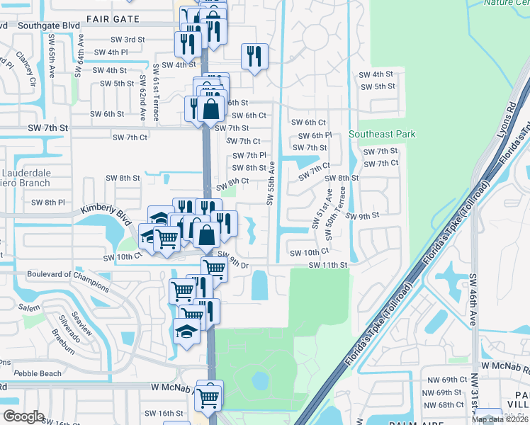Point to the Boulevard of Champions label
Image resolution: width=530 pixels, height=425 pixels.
pos(69,280)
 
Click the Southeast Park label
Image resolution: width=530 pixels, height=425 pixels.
pos(382,134)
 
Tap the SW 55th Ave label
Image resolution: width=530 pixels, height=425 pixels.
pos(271,183)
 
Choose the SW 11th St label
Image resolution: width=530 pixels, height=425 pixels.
pos(328,265)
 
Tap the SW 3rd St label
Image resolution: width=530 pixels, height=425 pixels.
pos(128,40)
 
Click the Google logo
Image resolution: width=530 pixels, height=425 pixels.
pos(23,416)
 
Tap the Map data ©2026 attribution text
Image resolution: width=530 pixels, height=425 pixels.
pos(500,419)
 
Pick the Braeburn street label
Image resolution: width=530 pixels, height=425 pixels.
pos(62,339)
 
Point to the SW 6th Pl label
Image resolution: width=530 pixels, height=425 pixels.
pos(315,135)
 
